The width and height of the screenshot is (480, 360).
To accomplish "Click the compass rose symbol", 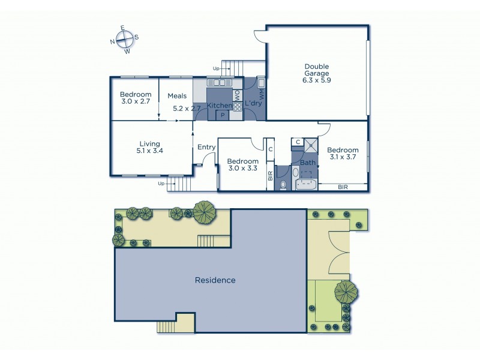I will point(124,40).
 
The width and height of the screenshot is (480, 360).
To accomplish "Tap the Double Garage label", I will point(316,70).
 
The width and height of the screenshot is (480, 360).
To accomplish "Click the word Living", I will point(150,143).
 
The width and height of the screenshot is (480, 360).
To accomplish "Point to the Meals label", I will point(177,95).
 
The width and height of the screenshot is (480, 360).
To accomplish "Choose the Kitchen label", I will point(220,106).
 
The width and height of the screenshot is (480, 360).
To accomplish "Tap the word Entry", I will point(206,147).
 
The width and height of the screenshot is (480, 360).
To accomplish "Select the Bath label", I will point(308,163).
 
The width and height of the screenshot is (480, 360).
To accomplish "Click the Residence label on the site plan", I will point(215,280).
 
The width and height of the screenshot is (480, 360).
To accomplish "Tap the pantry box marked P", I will point(223,115).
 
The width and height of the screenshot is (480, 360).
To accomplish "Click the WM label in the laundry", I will point(262,94).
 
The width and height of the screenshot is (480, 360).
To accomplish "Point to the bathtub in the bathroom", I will point(307,182).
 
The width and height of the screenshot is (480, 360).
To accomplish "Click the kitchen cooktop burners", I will point(238,107).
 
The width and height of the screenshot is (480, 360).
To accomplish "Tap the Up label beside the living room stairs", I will point(160,183).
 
